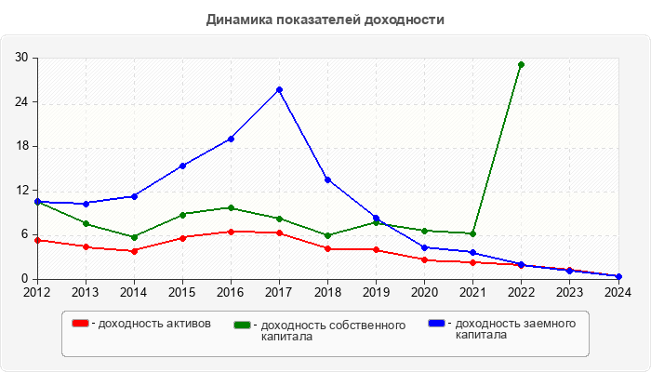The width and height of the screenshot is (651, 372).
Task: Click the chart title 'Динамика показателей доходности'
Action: tap(325, 20)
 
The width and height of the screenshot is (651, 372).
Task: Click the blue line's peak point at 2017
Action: tap(279, 90)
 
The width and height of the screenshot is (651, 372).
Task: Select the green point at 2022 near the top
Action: tap(521, 64)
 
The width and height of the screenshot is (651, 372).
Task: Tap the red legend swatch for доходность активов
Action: tap(81, 324)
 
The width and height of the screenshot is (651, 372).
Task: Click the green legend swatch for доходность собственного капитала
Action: tap(243, 325)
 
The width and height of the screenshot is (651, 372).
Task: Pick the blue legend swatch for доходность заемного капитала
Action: tap(436, 324)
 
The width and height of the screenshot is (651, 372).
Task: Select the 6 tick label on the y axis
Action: tap(24, 234)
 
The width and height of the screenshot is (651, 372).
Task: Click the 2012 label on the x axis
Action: tap(37, 291)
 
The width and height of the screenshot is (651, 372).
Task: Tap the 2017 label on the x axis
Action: tap(279, 291)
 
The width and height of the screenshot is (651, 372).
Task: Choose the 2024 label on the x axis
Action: tap(618, 291)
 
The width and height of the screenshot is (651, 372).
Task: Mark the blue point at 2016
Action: tap(231, 139)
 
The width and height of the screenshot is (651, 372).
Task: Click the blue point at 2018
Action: tap(327, 179)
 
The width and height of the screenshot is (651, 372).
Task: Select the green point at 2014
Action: tap(134, 237)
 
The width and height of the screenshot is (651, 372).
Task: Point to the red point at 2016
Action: tap(231, 232)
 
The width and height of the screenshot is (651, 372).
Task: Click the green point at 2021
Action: tap(472, 233)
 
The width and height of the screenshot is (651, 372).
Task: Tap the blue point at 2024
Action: tap(618, 276)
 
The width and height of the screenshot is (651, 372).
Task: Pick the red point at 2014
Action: tap(134, 251)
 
